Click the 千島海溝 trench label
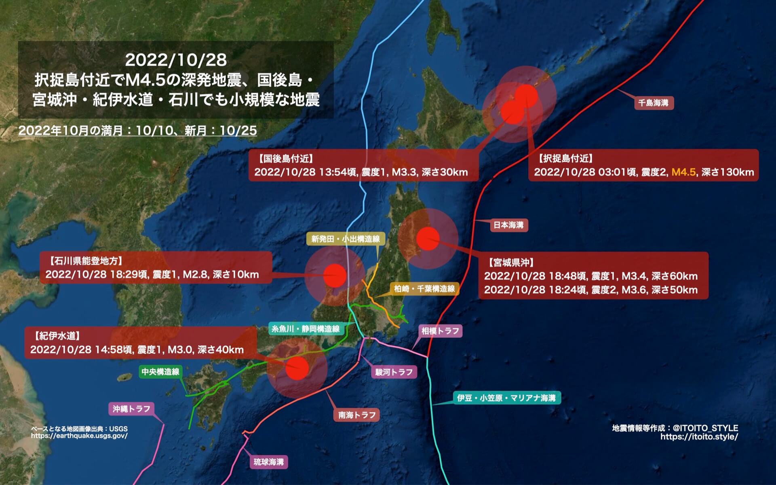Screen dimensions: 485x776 [653, 103]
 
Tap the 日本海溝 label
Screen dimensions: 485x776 [508, 225]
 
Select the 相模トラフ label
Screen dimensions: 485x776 [440, 331]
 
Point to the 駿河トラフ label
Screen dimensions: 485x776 [394, 372]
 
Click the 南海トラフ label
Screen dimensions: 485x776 [357, 415]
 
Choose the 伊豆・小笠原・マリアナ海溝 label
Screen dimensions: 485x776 [506, 398]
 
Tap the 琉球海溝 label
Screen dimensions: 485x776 [268, 462]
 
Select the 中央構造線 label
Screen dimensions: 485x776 [160, 371]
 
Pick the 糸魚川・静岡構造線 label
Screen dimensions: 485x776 [305, 328]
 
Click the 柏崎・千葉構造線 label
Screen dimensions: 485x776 [424, 289]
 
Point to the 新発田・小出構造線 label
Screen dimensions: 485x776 [346, 239]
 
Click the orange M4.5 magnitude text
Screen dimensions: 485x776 [683, 172]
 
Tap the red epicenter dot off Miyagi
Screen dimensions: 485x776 [428, 239]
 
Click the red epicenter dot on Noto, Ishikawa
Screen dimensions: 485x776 [335, 275]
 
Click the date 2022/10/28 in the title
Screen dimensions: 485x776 [176, 60]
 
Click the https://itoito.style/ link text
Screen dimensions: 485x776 [699, 437]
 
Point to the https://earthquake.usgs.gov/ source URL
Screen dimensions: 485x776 [79, 436]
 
